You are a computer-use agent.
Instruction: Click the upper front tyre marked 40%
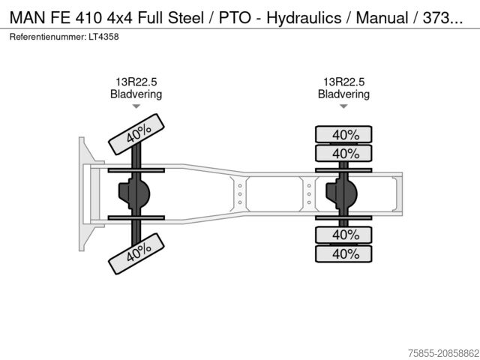tap(136, 133)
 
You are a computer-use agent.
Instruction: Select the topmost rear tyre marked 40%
tap(343, 135)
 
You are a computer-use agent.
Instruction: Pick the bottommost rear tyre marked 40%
tap(343, 253)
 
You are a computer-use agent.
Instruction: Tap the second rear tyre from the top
tap(343, 154)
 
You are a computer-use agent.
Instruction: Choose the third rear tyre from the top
tap(343, 235)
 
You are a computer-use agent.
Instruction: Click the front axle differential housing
tap(133, 194)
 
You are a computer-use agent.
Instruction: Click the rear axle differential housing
tap(340, 194)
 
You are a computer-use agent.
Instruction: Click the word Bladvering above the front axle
tap(136, 94)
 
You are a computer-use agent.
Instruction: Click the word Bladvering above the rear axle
tap(343, 94)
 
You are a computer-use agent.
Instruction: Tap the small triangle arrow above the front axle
tap(136, 106)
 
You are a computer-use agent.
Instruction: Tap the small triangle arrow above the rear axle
tap(343, 106)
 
